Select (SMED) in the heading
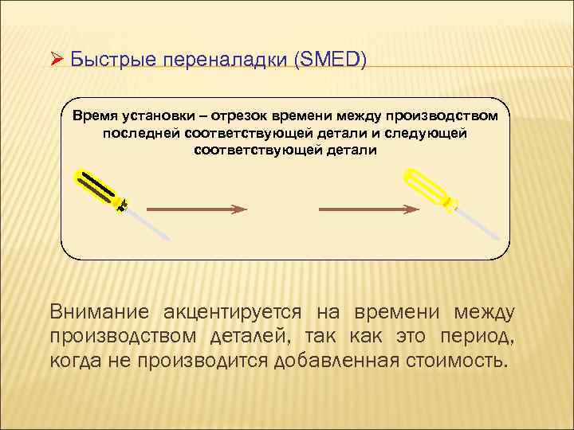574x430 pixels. tap(330, 61)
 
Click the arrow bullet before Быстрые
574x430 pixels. tap(55, 61)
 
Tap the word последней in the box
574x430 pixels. tap(140, 133)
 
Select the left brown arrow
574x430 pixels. tap(198, 209)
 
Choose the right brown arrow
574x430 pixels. tap(368, 209)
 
